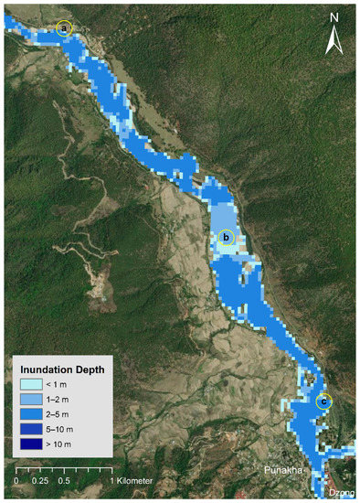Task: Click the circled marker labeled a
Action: click(x=64, y=28)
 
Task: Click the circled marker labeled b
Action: click(x=227, y=238)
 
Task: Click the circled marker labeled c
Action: click(x=323, y=401)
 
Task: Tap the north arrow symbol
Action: click(x=334, y=41)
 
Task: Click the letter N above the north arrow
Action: click(x=334, y=18)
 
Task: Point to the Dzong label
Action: click(x=340, y=493)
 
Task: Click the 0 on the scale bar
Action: click(x=16, y=480)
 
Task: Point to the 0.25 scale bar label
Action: click(x=39, y=480)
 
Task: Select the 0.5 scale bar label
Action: click(x=64, y=480)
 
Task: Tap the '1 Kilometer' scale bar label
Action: click(x=130, y=480)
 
